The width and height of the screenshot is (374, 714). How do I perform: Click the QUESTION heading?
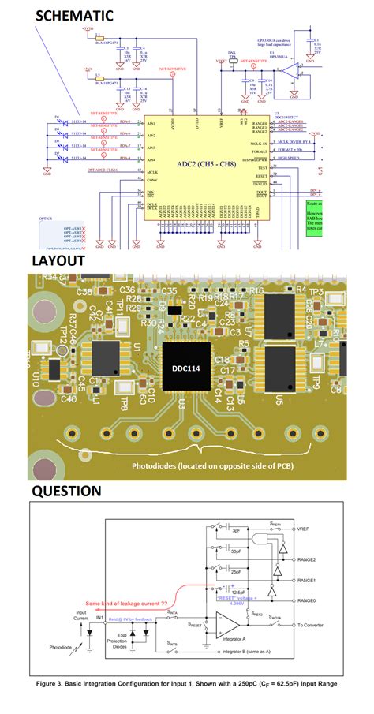[x=67, y=491]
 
